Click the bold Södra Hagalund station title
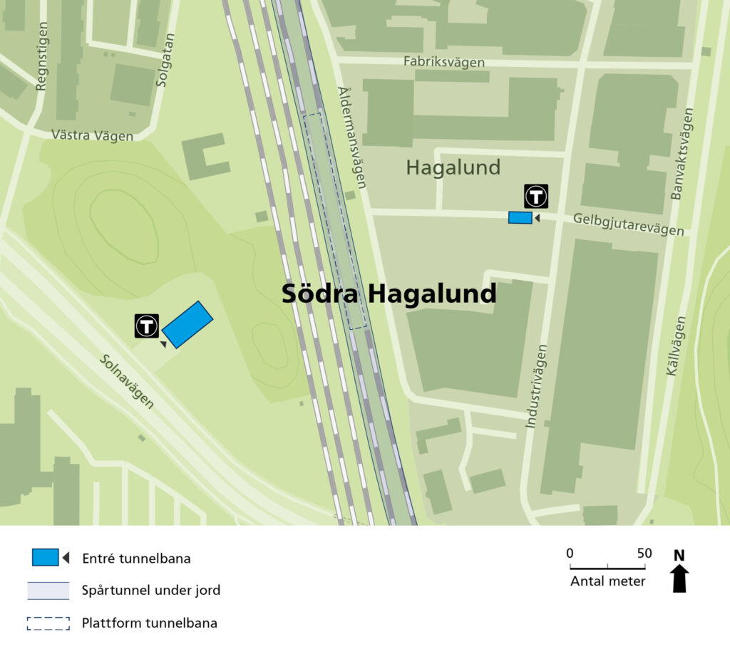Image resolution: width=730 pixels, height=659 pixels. pyautogui.click(x=389, y=294)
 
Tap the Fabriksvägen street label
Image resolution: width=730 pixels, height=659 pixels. pyautogui.click(x=443, y=62)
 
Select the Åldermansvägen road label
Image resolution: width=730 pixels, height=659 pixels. pyautogui.click(x=351, y=137)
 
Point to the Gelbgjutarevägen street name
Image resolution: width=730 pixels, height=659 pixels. pyautogui.click(x=629, y=224)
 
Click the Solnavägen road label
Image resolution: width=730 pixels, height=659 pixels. pyautogui.click(x=126, y=382)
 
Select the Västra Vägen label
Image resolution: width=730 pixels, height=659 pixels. pyautogui.click(x=92, y=135)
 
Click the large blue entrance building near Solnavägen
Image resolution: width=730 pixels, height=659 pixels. pyautogui.click(x=187, y=324)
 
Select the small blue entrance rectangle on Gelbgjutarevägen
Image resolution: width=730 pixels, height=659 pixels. pyautogui.click(x=520, y=218)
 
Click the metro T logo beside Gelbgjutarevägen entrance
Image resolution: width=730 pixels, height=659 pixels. pyautogui.click(x=536, y=196)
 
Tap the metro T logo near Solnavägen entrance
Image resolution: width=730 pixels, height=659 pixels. pyautogui.click(x=147, y=326)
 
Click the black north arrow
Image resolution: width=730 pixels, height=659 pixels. pyautogui.click(x=679, y=578)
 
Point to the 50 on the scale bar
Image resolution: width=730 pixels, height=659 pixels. pyautogui.click(x=644, y=554)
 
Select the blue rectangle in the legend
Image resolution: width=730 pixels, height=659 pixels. pyautogui.click(x=45, y=558)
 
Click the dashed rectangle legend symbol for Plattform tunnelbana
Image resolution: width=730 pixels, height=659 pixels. pyautogui.click(x=48, y=623)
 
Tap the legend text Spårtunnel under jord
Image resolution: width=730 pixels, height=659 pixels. pyautogui.click(x=151, y=590)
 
